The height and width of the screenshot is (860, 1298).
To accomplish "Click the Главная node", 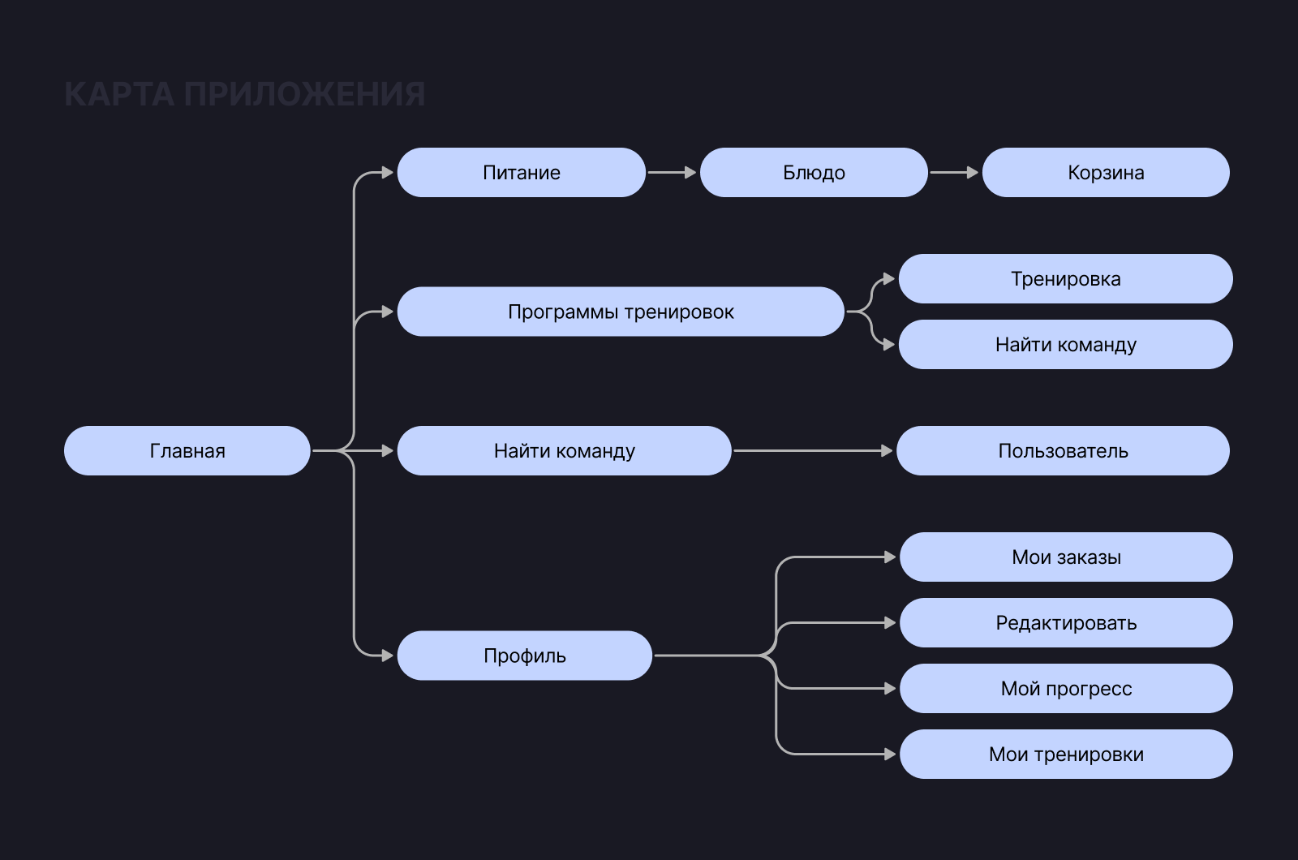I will coord(187,450).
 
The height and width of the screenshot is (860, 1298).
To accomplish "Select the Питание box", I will coord(521,172).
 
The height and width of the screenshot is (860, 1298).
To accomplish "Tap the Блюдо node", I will coord(813,172).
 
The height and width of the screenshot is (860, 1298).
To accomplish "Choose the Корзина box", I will coord(1106,172).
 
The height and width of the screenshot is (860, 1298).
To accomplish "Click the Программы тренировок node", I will coord(621,312).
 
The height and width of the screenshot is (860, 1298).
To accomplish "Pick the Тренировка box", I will coord(1065,278).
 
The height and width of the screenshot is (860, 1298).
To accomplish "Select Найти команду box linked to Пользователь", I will coord(564,450).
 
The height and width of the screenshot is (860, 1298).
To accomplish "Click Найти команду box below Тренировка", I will coord(1065,344).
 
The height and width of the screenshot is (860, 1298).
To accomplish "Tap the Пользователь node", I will coord(1063,450).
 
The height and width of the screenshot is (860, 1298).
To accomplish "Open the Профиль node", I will coord(524,656).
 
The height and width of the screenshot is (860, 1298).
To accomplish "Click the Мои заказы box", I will coord(1066,557).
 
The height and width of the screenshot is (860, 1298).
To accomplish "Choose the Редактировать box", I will coord(1066,622).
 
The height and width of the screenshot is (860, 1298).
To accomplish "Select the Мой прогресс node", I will coord(1066,688).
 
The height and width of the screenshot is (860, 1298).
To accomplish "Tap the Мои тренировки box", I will coord(1066,754).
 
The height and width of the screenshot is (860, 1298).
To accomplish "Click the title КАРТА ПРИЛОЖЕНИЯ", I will coord(244,94).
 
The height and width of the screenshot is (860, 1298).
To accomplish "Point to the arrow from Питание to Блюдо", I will coord(672,172).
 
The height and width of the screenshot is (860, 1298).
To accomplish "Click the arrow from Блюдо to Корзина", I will coord(954,172).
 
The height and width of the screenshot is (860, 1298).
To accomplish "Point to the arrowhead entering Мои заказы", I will coord(890,557).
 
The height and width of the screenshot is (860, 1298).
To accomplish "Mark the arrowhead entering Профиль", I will coord(387,656).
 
